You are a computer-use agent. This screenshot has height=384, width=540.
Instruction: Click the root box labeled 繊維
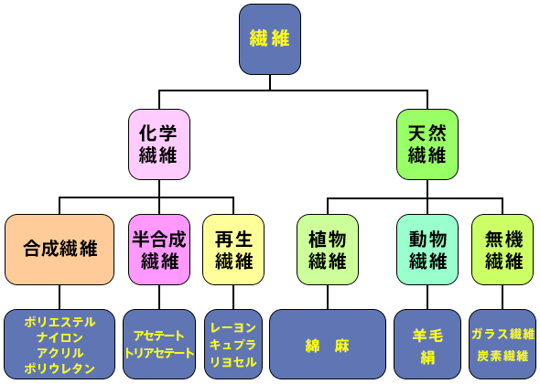(270, 39)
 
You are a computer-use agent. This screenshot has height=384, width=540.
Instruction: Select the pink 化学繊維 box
(159, 143)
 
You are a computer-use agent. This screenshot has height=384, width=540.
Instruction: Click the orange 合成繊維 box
(59, 250)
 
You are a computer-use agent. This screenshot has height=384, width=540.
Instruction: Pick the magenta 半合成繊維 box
(159, 250)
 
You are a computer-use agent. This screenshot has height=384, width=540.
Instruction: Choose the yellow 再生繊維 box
(233, 250)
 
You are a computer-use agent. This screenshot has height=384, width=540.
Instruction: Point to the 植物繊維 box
(328, 250)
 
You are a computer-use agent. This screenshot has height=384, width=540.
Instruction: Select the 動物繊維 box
(427, 250)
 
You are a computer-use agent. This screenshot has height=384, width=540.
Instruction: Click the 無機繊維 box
(503, 250)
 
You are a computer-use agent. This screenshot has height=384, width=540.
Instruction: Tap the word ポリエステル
(59, 323)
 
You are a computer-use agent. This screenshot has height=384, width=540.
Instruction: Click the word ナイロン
(59, 337)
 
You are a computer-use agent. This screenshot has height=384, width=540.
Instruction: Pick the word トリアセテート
(159, 352)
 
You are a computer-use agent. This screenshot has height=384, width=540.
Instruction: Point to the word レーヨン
(233, 327)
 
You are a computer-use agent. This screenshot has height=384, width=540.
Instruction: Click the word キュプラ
(233, 345)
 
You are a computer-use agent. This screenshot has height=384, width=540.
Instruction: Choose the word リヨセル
(233, 362)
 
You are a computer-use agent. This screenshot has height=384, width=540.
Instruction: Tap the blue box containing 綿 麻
(328, 345)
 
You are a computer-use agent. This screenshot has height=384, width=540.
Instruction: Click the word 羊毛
(427, 335)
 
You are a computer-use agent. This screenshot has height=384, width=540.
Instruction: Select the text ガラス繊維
(503, 335)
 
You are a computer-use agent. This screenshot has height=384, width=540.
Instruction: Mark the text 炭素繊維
(503, 355)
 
